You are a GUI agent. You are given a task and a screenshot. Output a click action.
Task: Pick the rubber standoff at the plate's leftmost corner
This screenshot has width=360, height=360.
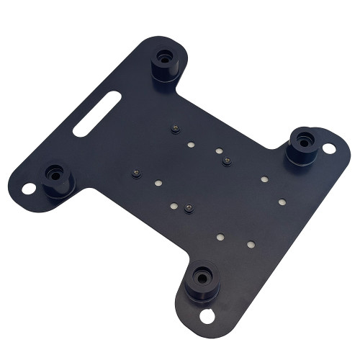56,179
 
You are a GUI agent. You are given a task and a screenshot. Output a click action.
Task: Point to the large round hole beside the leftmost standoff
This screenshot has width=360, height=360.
29,189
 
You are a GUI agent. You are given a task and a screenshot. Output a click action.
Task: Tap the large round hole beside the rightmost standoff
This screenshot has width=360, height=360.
328,148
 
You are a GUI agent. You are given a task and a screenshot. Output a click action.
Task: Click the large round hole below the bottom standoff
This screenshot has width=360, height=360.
207,315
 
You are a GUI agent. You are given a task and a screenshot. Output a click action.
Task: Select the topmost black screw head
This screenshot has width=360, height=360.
175,129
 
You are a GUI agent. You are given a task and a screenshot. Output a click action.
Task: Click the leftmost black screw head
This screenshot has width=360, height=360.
135,174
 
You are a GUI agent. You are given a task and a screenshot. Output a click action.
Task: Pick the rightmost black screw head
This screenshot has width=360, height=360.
227,161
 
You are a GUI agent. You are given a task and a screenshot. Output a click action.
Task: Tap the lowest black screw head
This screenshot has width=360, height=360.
188,208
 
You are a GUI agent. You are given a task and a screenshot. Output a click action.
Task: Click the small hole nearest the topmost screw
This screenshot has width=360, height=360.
191,145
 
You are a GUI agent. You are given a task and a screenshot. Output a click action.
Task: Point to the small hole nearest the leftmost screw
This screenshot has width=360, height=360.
156,184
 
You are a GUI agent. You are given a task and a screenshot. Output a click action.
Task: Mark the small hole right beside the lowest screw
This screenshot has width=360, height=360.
174,207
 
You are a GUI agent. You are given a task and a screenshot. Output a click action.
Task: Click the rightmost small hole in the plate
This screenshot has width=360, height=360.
282,202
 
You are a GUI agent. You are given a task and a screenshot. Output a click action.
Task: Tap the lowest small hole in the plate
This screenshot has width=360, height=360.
251,245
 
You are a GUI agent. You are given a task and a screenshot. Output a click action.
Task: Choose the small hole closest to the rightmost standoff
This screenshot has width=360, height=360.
264,179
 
